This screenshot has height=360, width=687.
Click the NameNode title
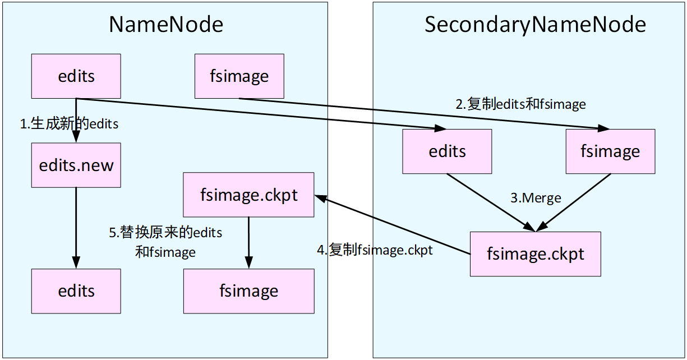tap(166, 25)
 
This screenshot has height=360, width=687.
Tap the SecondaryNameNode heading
tap(535, 25)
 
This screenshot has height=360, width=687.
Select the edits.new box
tap(76, 165)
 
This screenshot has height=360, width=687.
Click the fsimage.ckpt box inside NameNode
tap(248, 195)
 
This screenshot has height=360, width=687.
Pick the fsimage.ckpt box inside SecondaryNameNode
tap(536, 253)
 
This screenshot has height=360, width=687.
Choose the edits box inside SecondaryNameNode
tap(447, 151)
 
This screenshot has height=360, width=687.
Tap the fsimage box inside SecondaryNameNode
tap(610, 151)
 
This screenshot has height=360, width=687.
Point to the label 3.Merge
tap(536, 198)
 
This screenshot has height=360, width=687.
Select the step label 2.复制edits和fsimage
tap(520, 104)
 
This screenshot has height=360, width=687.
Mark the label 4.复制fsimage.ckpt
tap(375, 250)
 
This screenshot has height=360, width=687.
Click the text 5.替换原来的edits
tap(165, 233)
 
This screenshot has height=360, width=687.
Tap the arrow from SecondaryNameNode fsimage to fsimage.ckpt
tap(574, 202)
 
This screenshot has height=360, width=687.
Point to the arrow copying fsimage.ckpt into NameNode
tap(393, 224)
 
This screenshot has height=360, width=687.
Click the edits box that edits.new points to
tap(76, 291)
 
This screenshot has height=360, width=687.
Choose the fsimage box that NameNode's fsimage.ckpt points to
tap(248, 291)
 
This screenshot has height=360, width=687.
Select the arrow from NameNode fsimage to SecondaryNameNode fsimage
tap(421, 113)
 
